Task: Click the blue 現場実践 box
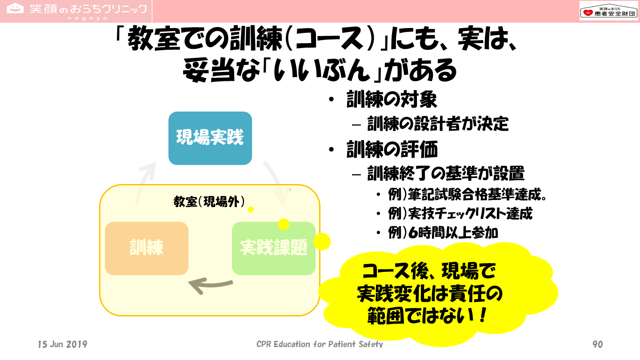210,138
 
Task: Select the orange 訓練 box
147,248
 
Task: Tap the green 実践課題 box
274,248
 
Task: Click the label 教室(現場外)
209,202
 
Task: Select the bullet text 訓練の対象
392,100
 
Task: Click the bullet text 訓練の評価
392,149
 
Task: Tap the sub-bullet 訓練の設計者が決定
438,124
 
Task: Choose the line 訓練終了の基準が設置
446,173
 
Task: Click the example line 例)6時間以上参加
443,232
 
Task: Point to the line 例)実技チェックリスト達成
460,213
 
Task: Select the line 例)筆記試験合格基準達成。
468,195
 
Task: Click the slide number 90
598,344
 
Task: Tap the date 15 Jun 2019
63,344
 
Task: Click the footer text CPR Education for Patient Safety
320,344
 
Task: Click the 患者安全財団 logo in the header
608,11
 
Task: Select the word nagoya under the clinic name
88,18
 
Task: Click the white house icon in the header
15,8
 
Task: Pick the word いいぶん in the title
322,70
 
